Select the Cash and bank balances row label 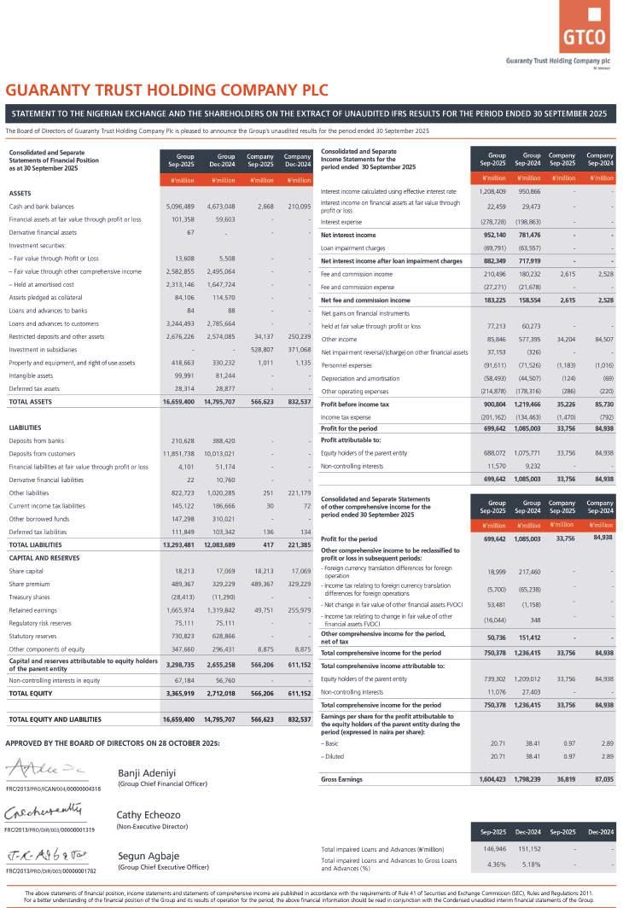41,207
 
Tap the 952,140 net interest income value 494,235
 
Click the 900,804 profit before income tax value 494,404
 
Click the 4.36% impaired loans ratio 497,864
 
